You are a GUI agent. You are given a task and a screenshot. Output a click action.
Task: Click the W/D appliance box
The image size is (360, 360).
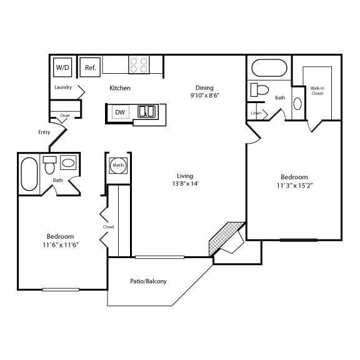point(62,67)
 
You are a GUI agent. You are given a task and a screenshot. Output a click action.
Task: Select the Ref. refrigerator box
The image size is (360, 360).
point(90,67)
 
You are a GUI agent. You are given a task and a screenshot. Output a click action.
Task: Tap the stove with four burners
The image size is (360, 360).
point(139,64)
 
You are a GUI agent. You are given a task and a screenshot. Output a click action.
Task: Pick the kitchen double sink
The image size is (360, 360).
point(147,112)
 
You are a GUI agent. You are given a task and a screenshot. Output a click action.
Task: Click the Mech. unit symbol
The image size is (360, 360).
point(117,165)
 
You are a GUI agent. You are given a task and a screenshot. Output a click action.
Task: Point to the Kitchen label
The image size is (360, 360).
point(120,88)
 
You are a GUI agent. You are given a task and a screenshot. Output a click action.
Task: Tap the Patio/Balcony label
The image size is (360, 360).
point(148,281)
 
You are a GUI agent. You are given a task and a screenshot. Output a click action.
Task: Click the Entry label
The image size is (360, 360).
point(44,132)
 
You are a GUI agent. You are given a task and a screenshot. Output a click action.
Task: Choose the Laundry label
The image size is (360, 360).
point(63,87)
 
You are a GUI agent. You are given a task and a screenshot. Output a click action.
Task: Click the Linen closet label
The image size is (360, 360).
point(256,113)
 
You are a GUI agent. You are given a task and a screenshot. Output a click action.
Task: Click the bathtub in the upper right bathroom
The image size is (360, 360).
point(269,67)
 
